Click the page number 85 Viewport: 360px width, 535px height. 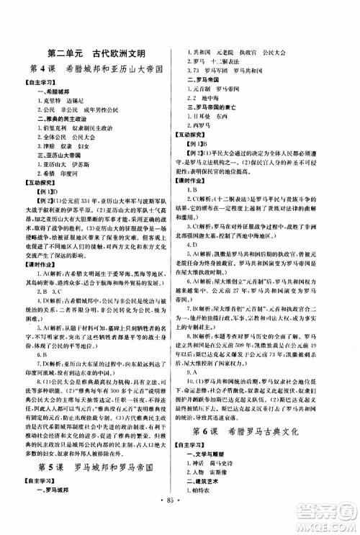pos(179,514)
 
